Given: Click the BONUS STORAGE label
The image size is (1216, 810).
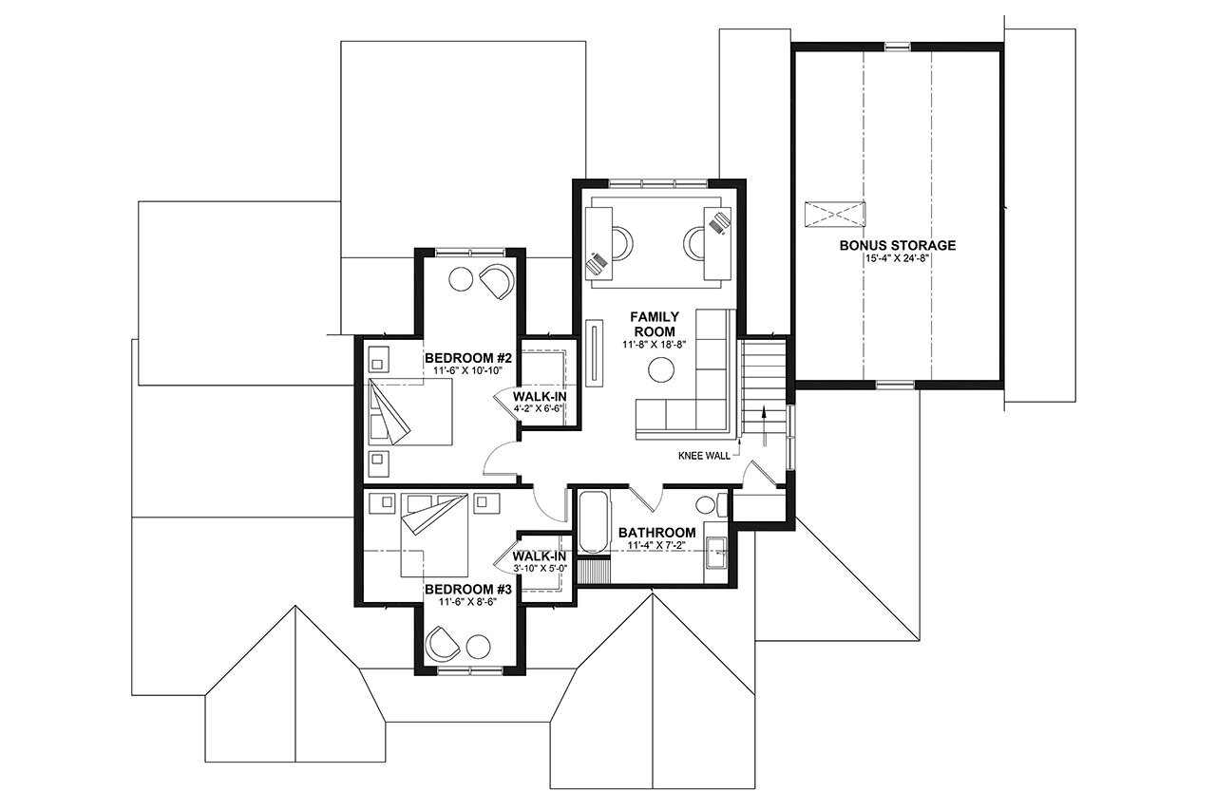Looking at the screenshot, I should pos(897,245).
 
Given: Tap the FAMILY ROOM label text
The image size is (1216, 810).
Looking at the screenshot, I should pos(655,323).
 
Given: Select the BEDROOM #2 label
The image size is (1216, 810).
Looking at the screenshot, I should pos(470,358).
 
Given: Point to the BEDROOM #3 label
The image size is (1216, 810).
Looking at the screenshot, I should pos(470,590).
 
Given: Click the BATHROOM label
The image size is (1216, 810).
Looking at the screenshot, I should pos(656,533).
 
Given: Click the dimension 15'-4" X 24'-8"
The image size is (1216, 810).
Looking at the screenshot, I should pos(897,258).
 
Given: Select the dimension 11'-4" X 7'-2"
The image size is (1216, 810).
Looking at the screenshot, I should pos(656,546).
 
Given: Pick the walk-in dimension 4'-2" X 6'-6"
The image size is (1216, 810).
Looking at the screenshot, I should pos(540,408).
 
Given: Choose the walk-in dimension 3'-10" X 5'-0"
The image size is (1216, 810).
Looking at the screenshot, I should pos(540,568).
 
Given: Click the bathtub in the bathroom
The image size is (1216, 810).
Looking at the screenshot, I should pos(592,522).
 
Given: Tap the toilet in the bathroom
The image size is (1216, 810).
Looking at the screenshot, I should pos(709,504).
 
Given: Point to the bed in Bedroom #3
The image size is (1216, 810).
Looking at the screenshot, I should pos(432,534).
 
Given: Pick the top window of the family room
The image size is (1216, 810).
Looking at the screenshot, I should pos(657,183).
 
